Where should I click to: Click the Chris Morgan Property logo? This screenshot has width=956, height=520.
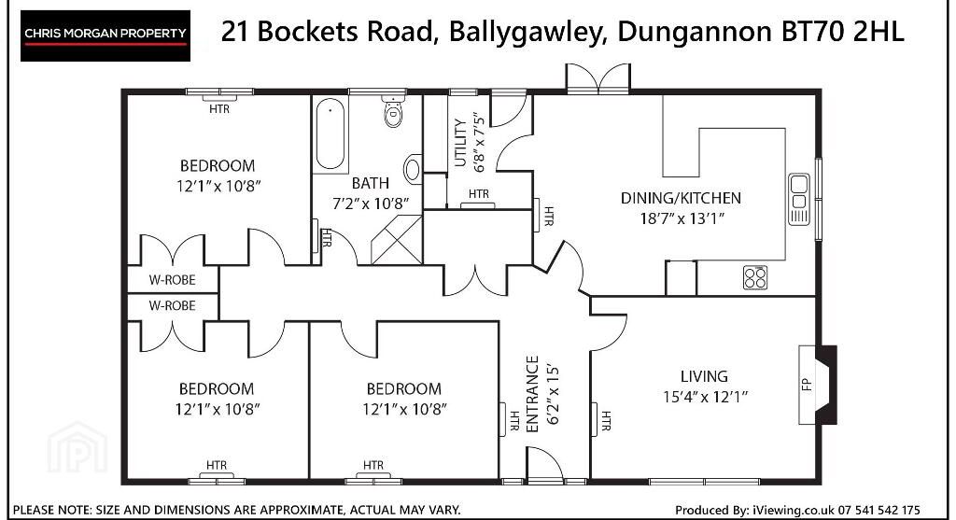105,35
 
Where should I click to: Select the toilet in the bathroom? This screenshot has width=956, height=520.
394,111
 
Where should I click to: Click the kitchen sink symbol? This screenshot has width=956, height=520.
799,200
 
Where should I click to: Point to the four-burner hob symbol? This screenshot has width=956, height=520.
754,278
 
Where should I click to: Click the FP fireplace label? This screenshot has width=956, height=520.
806,384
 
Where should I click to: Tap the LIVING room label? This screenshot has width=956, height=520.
704,376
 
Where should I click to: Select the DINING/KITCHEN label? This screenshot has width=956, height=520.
681,198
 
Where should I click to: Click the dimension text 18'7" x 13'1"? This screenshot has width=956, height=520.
682,218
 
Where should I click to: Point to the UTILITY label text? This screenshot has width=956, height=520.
460,143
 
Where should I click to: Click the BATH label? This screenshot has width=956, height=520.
370,183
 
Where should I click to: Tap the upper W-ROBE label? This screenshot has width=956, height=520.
172,280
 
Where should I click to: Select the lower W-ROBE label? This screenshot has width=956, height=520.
172,305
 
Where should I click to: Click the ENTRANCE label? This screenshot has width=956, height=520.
532,394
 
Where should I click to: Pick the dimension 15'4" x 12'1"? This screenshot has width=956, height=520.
706,397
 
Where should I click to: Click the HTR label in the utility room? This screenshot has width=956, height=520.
479,194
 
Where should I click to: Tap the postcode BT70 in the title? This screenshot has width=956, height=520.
813,32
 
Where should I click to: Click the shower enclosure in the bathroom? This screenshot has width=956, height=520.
397,240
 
